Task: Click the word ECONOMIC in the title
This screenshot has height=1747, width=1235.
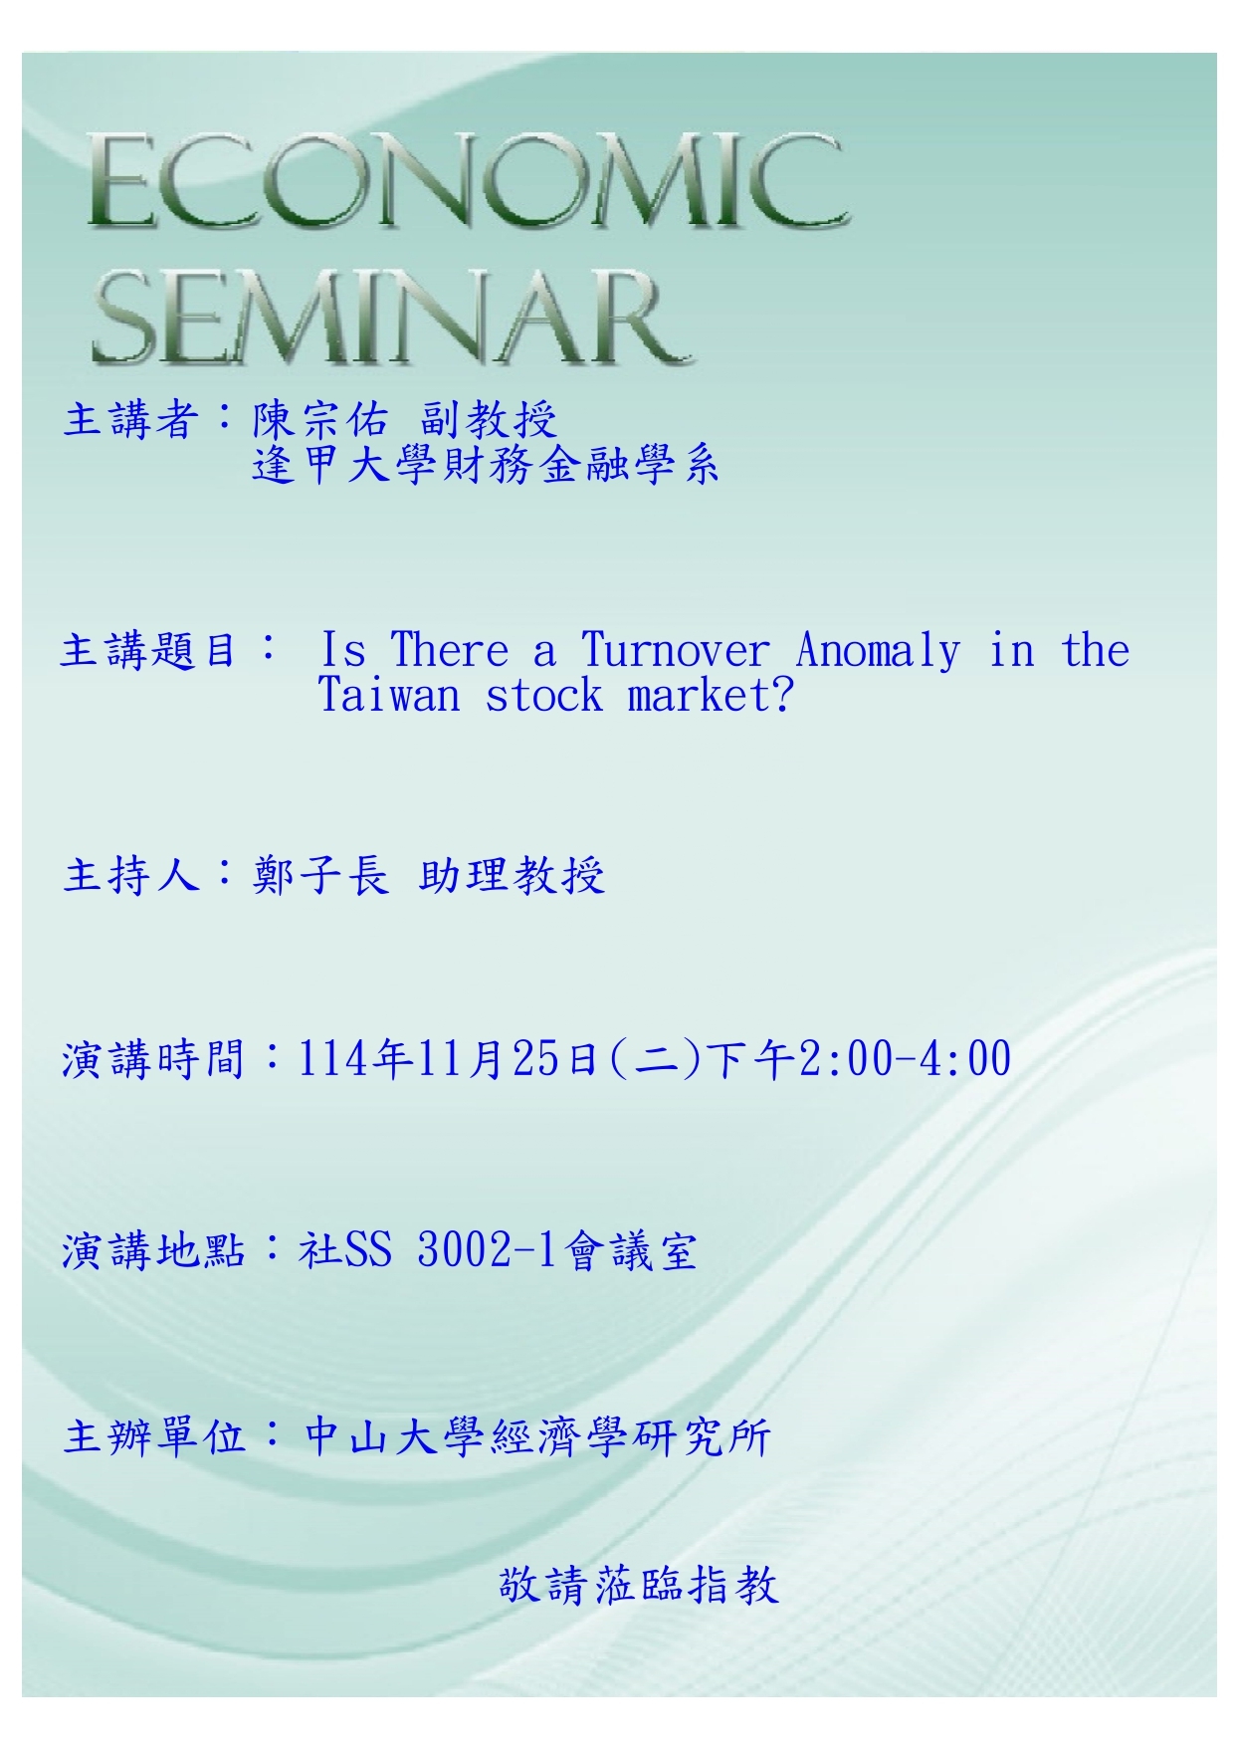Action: (x=468, y=184)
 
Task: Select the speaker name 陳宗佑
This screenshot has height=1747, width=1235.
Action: (x=319, y=419)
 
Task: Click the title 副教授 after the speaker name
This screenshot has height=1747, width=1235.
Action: (x=488, y=419)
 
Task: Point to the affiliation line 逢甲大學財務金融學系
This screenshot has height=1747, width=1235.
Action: (x=486, y=465)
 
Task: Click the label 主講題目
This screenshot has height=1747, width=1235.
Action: (x=149, y=651)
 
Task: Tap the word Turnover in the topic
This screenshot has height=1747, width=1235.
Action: (x=676, y=651)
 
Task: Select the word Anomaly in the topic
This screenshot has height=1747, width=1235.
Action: (x=879, y=651)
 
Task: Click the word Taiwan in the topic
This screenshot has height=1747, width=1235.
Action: (x=389, y=695)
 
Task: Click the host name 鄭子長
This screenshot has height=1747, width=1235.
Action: (x=319, y=875)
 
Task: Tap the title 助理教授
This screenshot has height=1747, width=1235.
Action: (x=512, y=875)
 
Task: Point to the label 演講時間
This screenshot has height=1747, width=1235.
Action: (x=152, y=1058)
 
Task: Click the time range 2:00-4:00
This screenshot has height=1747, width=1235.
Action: (x=905, y=1058)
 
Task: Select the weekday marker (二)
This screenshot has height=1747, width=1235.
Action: (x=654, y=1058)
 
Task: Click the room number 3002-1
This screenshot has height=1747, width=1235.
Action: (x=487, y=1250)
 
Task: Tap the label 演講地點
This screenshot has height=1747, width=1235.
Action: (x=152, y=1250)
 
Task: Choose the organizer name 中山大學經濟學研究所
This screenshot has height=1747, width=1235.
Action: (x=537, y=1436)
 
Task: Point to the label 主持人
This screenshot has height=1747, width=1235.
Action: (x=131, y=875)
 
